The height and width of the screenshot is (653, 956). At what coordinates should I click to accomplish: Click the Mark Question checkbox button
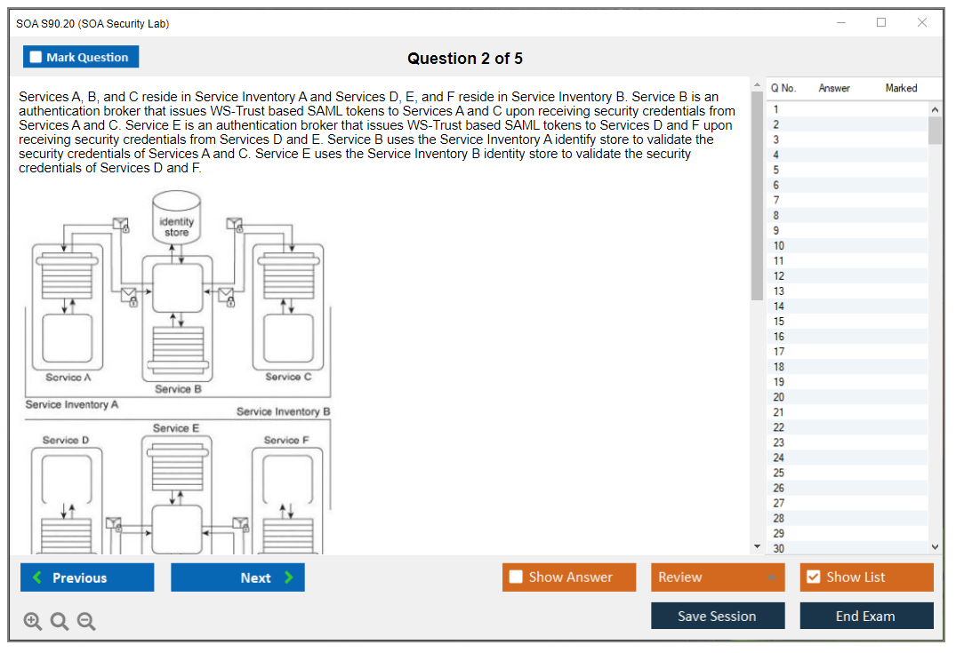pos(81,57)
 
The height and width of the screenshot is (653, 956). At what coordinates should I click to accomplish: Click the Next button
pos(237,577)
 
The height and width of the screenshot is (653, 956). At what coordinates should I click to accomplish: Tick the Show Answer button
pos(569,577)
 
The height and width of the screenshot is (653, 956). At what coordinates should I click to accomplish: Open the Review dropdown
pos(718,577)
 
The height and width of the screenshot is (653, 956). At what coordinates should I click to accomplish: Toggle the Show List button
pos(866,577)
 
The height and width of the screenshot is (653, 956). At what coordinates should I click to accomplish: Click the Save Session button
pos(718,616)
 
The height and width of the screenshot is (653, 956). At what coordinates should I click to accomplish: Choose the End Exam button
pos(866,616)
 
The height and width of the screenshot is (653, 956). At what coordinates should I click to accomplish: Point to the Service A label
pos(68,378)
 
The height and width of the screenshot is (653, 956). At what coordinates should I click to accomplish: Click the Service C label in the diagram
pos(288,378)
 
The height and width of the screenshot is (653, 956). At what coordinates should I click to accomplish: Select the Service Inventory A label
pos(72,404)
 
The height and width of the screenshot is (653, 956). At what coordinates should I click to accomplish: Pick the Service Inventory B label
pos(283,411)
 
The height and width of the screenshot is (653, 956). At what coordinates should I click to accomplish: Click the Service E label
pos(176,428)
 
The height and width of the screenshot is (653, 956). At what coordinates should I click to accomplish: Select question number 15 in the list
pos(779,322)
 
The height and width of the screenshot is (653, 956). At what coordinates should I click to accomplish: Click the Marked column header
pos(901,88)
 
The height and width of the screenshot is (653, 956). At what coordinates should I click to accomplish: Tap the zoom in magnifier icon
pos(33,622)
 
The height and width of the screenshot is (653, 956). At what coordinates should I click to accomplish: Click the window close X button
pos(922,23)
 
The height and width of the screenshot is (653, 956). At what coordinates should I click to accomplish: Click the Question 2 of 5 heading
pos(465,59)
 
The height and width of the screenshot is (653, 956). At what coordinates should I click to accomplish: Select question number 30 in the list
pos(779,548)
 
